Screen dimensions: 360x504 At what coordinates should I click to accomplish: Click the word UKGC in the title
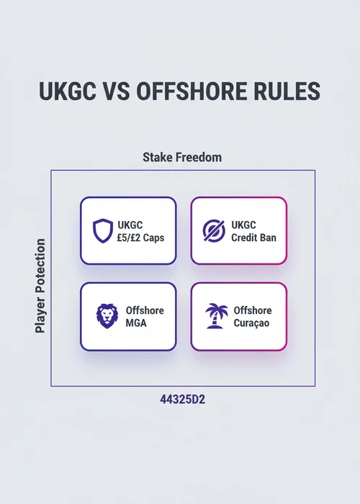point(68,91)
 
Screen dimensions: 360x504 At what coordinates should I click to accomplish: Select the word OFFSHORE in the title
point(192,91)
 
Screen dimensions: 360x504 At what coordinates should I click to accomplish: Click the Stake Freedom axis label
point(182,158)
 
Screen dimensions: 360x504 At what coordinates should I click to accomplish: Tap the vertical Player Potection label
point(40,286)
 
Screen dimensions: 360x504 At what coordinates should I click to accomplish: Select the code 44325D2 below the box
point(183,400)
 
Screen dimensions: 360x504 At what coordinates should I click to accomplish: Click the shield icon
point(103,231)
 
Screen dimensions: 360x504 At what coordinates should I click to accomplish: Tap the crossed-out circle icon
point(214,230)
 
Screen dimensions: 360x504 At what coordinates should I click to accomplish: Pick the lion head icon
point(107,316)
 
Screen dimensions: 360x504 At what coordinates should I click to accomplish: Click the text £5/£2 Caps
point(141,238)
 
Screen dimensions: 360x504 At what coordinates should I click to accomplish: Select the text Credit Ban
point(253,238)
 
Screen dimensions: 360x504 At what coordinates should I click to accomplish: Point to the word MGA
point(136,323)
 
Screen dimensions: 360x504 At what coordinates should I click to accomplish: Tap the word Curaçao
point(251,323)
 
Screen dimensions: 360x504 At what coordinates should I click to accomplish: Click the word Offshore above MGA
point(145,310)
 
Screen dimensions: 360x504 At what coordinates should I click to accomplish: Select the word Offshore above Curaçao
point(253,310)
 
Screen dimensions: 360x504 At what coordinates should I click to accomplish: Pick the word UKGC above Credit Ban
point(243,225)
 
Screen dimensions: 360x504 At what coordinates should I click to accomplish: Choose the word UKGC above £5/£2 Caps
point(130,225)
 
